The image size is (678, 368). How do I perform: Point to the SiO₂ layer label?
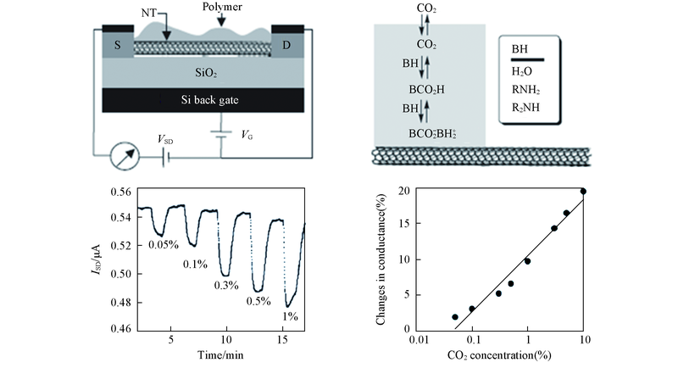[200, 73]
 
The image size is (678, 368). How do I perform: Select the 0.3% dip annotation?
[227, 285]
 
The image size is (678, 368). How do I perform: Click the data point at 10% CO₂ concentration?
[583, 191]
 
